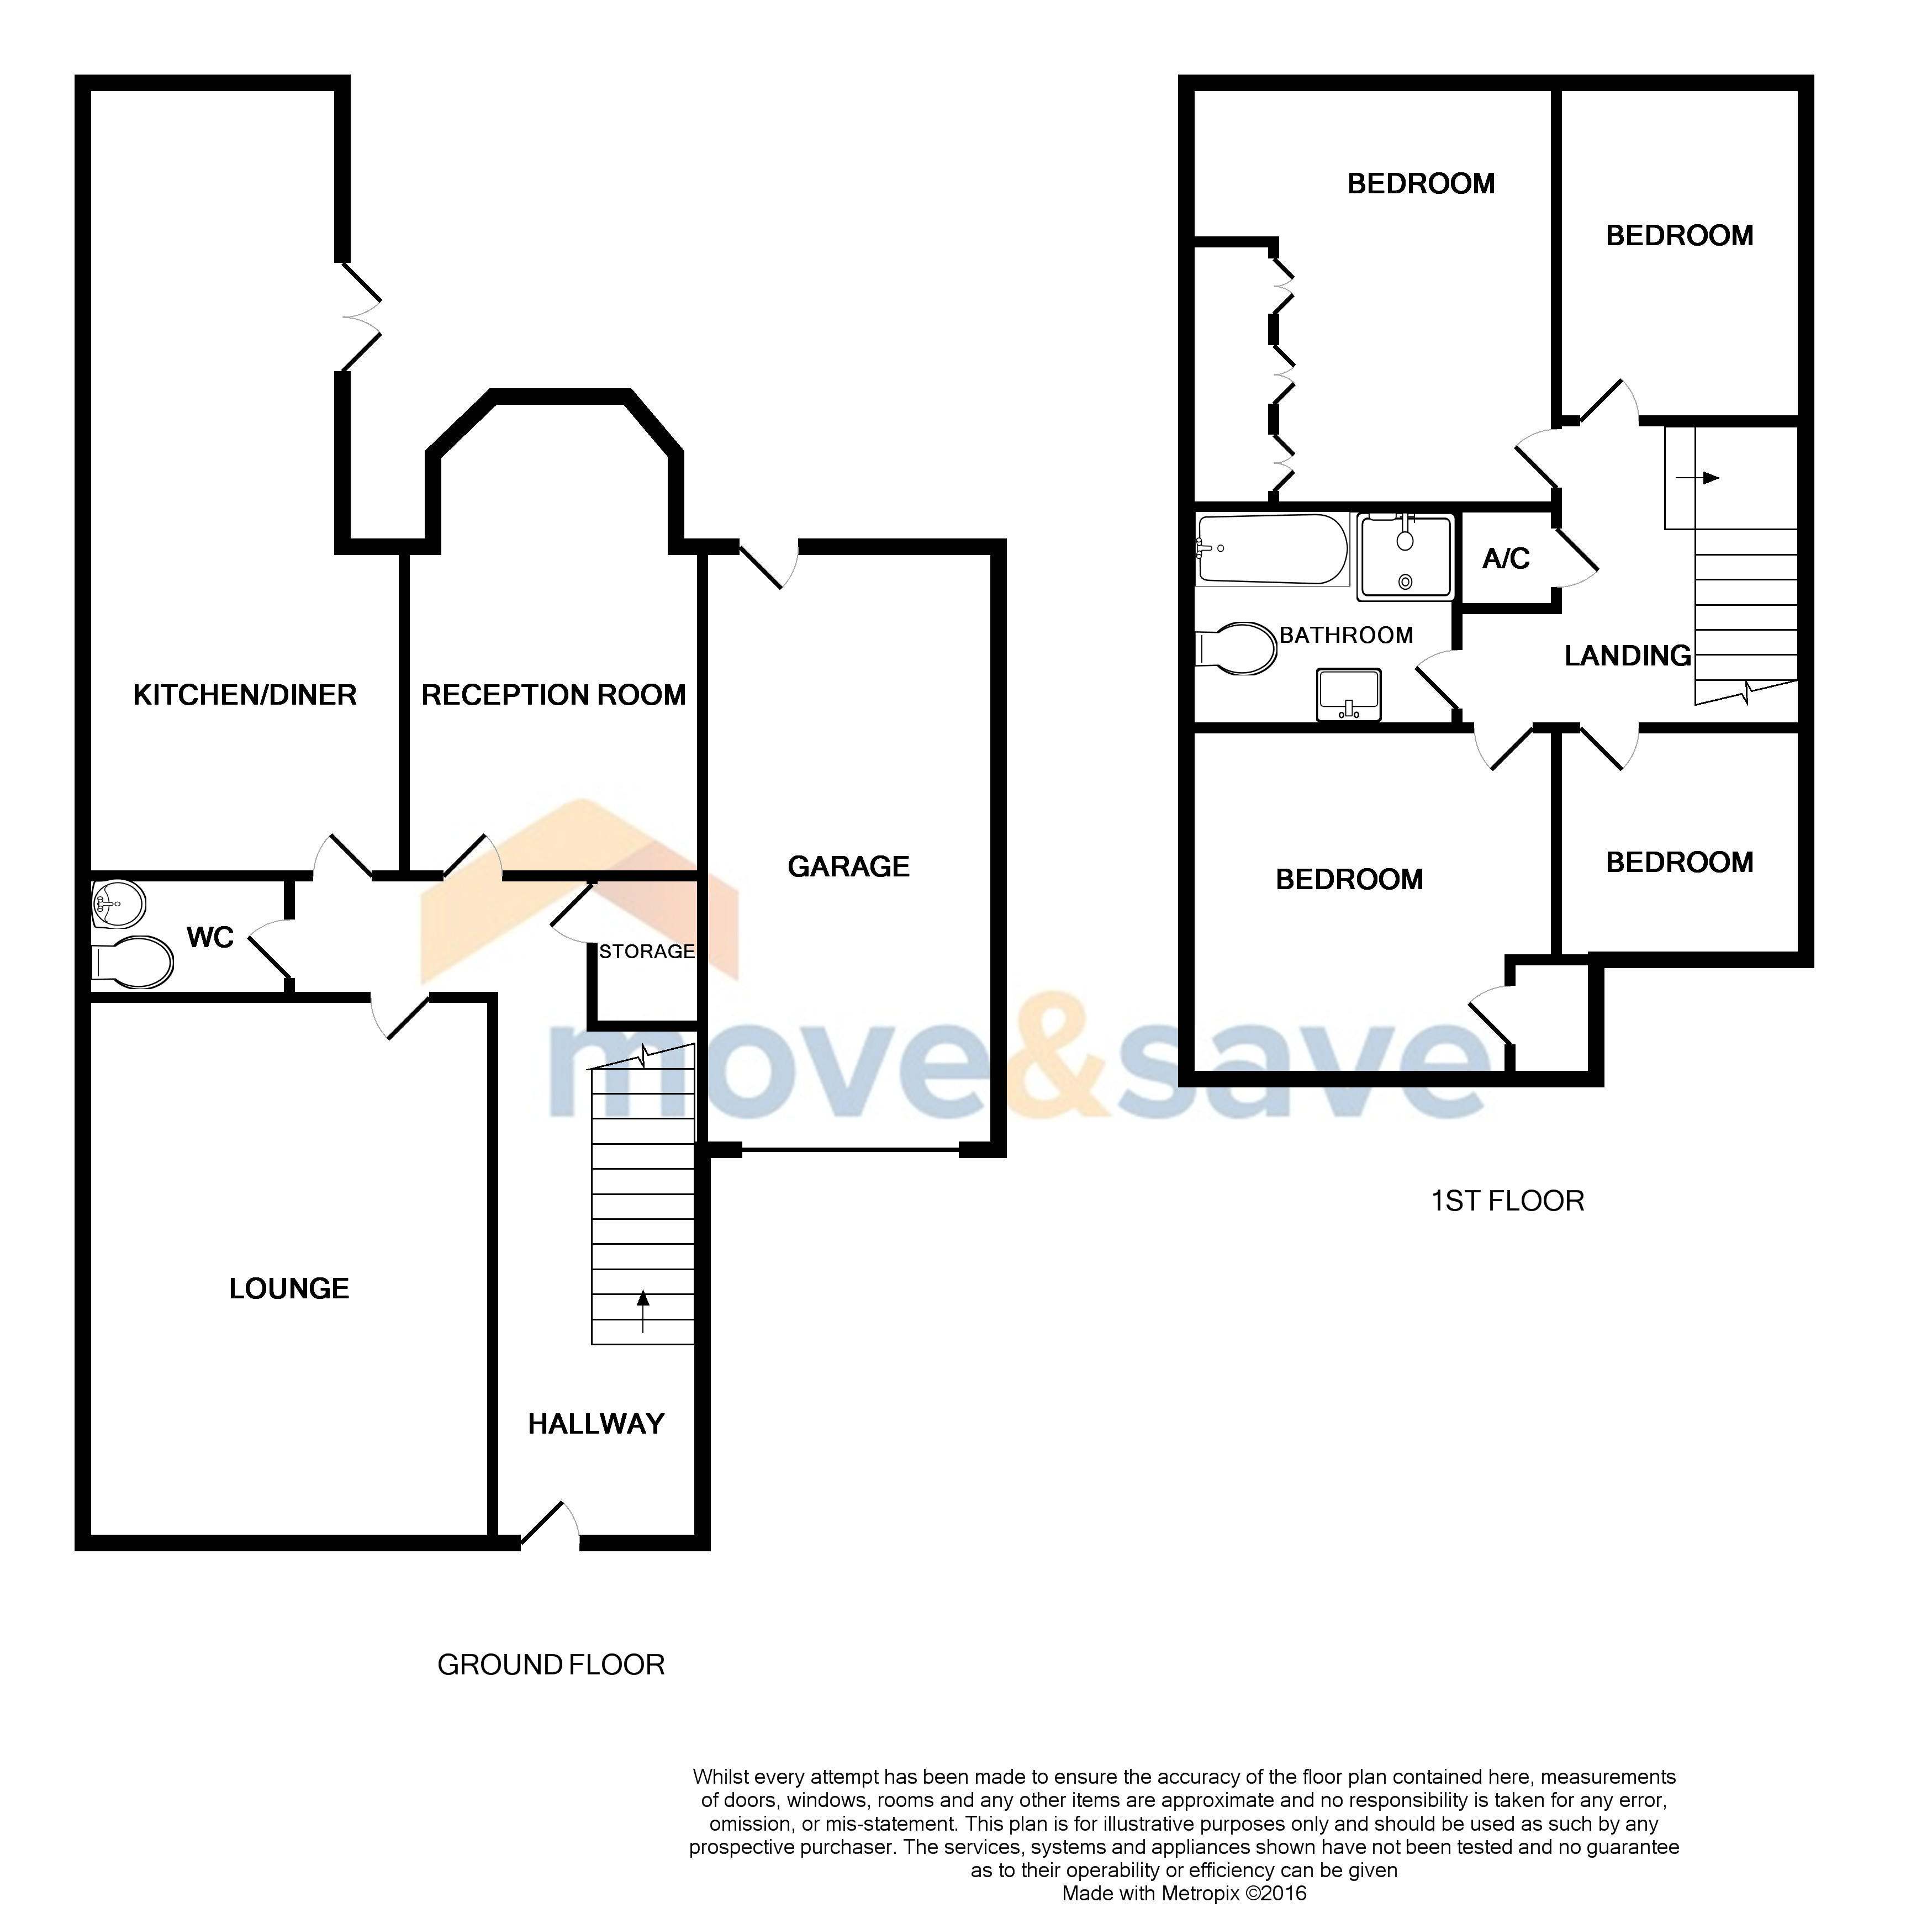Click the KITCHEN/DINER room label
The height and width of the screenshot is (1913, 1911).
(245, 695)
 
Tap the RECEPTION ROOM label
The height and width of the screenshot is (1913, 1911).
(553, 695)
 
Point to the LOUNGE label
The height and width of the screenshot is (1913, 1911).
(289, 1288)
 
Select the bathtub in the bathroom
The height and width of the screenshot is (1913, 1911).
(1273, 549)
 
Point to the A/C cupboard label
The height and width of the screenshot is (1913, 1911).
(1506, 559)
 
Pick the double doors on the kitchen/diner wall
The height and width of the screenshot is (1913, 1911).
(358, 317)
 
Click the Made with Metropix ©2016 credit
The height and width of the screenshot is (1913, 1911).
(1184, 1893)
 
